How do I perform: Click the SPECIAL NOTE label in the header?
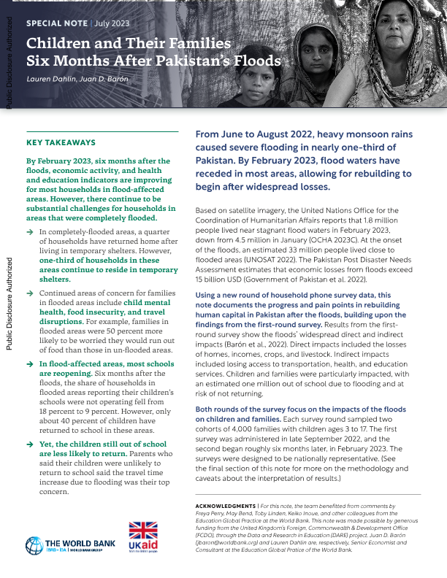53,23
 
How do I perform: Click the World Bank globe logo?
34,544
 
